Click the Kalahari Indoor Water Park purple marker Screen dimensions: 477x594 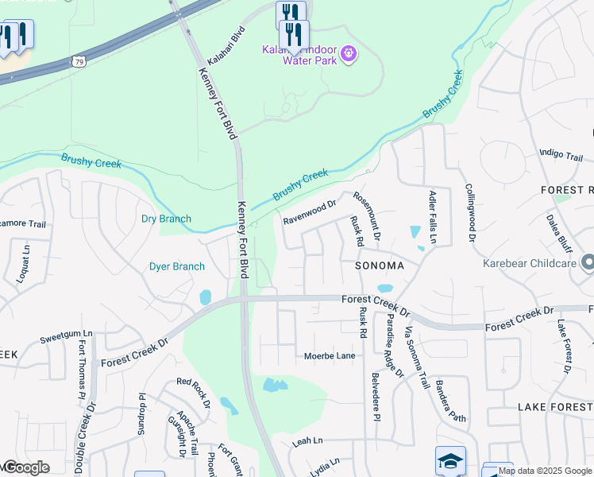349,54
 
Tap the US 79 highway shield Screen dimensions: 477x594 78,60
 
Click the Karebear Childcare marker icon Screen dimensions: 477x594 587,262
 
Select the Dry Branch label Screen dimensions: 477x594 166,219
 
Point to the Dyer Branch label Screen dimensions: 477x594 176,267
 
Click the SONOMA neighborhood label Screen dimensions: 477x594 379,266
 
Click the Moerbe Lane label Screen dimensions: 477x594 330,356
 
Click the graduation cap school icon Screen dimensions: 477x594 449,460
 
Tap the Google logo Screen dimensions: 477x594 25,467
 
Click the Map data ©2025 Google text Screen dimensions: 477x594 545,471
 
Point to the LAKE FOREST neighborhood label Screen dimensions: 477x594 554,406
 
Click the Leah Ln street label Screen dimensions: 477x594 307,440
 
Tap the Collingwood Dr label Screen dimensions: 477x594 469,213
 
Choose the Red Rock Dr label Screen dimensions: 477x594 193,393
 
